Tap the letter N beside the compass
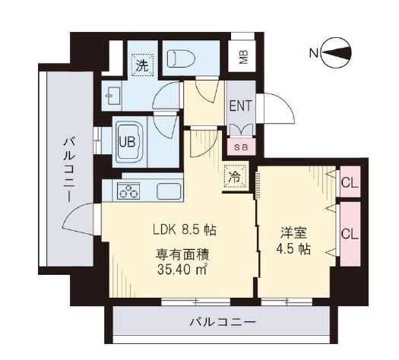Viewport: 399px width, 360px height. coord(313,53)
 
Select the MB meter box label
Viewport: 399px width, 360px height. coord(243,58)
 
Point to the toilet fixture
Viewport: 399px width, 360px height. coord(177,58)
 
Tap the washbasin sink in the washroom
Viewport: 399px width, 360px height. coord(115,96)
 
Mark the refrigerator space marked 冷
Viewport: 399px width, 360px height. coord(235,178)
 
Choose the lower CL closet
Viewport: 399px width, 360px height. coord(350,234)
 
